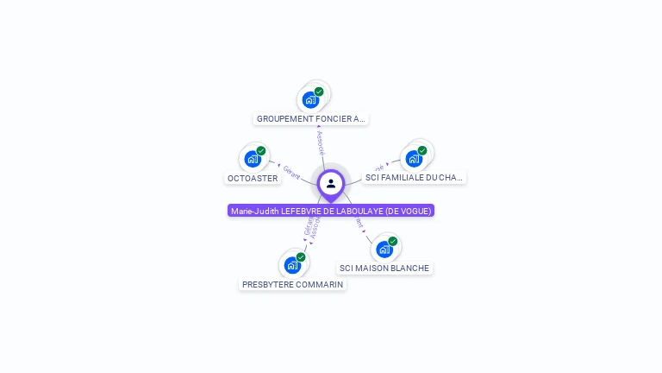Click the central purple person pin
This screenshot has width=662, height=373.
coord(331,184)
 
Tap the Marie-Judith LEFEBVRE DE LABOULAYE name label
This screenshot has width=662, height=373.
coord(331,211)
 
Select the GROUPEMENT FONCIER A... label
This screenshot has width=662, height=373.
coord(311,119)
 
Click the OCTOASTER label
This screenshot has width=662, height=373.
coord(252,178)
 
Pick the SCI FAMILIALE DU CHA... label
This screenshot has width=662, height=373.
coord(414,178)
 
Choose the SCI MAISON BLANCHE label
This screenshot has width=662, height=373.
coord(384,268)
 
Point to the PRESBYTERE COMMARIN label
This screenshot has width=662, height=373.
coord(292,284)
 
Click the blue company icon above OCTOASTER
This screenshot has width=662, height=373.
coord(252,159)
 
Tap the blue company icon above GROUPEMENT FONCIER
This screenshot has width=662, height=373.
coord(310,99)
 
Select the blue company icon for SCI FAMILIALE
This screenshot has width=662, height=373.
coord(414,159)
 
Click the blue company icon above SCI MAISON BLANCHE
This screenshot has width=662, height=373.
coord(384,250)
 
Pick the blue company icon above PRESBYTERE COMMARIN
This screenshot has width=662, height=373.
coord(292,265)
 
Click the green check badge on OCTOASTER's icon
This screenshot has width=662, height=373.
coord(261,151)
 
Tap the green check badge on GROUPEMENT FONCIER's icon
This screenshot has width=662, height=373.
coord(319,92)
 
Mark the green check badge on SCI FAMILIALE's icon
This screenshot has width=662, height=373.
coord(422,150)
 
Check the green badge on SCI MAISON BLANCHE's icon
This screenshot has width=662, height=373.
coord(393,241)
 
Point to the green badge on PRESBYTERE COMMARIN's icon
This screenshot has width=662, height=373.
coord(301,256)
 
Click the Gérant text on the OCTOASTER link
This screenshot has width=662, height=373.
coord(290,172)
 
